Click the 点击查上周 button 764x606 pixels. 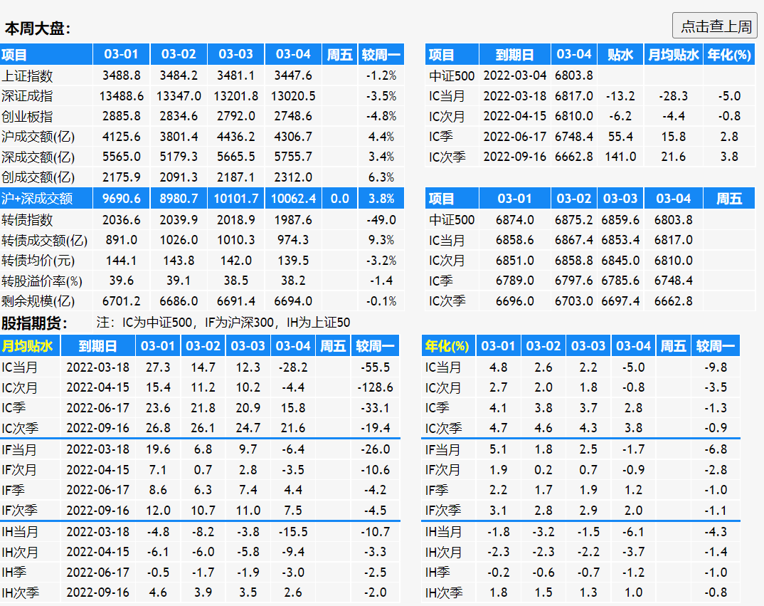click(x=715, y=26)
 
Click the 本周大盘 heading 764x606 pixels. click(x=38, y=29)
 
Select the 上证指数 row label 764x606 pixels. click(x=27, y=75)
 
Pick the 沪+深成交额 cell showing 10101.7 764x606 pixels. click(x=236, y=199)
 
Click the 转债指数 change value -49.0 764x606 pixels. click(x=381, y=220)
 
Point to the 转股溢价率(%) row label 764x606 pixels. click(x=42, y=281)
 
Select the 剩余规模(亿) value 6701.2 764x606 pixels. click(x=122, y=301)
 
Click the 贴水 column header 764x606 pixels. click(x=620, y=55)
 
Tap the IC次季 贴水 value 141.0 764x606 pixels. click(x=620, y=157)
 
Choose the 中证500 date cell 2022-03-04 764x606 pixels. click(x=515, y=75)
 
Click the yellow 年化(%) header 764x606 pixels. click(x=447, y=347)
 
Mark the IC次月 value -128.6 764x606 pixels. click(x=376, y=387)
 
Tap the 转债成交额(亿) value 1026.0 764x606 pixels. click(x=179, y=240)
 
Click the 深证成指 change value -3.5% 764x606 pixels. click(x=381, y=96)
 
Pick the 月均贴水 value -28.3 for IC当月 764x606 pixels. click(x=673, y=96)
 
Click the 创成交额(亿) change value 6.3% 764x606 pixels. click(x=381, y=177)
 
